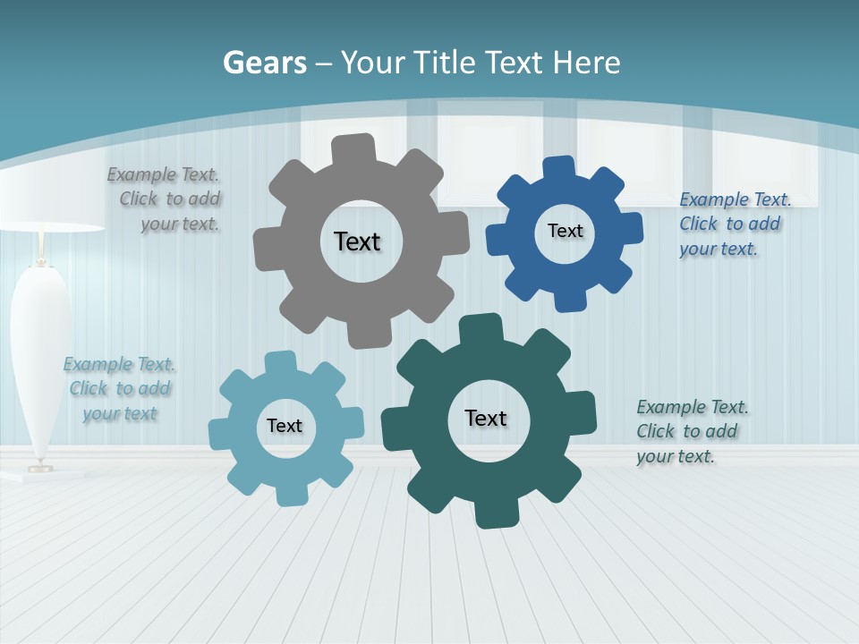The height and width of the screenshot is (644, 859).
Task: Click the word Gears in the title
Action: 264,64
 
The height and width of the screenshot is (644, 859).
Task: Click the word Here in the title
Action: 586,63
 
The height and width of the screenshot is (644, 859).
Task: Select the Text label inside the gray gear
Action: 357,241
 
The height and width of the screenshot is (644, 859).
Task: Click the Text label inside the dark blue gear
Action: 565,231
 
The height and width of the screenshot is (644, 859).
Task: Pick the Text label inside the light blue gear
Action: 285,426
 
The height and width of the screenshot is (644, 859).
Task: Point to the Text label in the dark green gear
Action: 486,418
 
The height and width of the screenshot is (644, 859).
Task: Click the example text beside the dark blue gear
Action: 733,224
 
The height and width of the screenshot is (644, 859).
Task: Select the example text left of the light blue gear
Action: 120,389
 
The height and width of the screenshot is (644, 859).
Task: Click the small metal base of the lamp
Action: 40,466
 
